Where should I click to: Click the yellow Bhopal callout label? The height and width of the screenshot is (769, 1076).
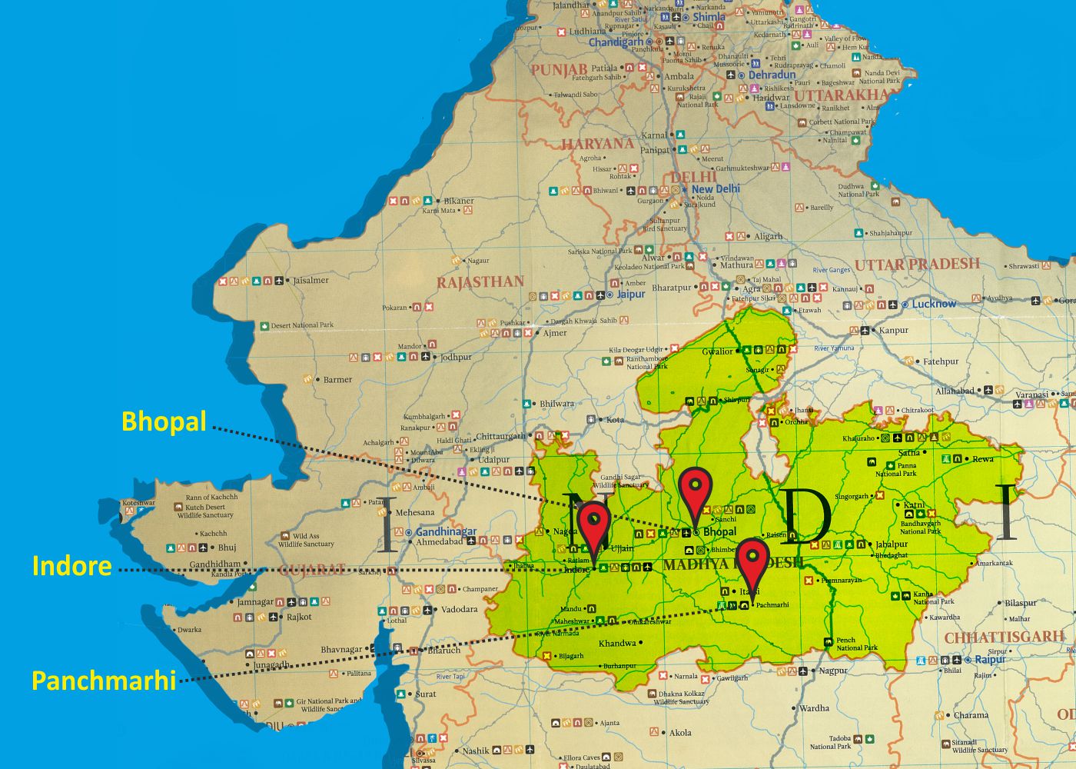164,421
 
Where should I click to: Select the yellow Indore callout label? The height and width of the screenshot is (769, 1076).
71,566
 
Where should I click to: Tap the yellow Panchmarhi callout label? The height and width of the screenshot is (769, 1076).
104,681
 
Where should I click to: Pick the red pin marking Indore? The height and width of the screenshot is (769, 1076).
594,524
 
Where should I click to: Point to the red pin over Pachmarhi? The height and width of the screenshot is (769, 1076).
753,560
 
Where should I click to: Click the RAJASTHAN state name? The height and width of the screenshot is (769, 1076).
480,282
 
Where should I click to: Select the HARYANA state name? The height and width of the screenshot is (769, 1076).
597,144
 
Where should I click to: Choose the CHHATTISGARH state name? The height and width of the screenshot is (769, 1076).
1004,638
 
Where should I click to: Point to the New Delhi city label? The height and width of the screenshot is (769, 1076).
716,188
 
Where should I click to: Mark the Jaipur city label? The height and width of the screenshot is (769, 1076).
631,294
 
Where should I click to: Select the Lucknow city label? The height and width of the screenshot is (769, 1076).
934,304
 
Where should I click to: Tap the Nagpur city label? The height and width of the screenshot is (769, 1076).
832,671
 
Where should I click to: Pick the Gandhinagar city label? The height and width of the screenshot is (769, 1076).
447,531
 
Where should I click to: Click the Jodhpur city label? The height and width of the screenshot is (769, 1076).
456,357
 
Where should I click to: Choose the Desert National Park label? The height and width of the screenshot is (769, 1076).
302,325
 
